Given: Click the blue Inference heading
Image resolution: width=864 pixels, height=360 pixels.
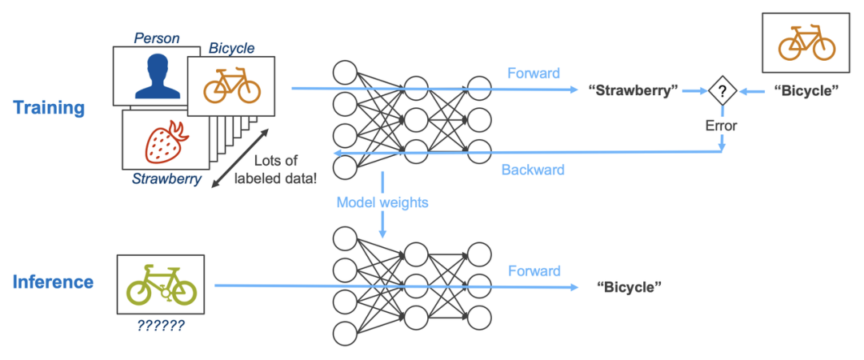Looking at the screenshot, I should (x=53, y=282).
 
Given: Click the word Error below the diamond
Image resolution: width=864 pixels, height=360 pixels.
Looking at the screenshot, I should (x=721, y=126).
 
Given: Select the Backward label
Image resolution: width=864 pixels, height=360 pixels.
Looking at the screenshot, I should (x=533, y=170).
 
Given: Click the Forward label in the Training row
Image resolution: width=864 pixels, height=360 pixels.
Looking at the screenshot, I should (x=534, y=74).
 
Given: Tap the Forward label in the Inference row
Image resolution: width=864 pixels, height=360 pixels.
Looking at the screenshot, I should (x=534, y=271).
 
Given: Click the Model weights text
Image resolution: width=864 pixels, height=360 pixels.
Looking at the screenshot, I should (x=382, y=202).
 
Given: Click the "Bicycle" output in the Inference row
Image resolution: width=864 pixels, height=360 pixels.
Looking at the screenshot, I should (x=630, y=287).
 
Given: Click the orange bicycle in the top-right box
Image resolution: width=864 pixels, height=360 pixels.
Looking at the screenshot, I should (x=806, y=44).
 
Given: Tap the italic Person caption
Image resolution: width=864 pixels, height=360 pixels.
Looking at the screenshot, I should (x=156, y=38).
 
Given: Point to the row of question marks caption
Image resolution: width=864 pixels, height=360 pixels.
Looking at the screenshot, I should (x=160, y=326).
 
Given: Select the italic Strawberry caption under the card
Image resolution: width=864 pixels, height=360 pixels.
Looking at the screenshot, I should (x=167, y=179).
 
